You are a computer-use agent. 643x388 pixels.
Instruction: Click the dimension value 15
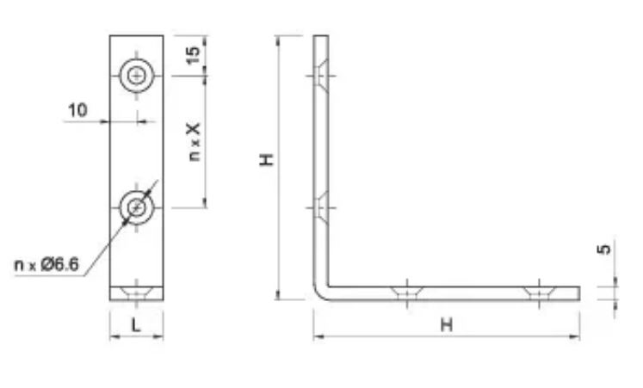point(193,54)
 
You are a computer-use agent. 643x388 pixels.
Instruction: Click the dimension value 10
point(77,110)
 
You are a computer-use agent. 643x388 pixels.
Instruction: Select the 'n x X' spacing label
point(194,142)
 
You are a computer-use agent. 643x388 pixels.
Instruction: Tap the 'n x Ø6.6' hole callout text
point(46,265)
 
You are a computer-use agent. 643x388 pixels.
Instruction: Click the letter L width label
point(136,325)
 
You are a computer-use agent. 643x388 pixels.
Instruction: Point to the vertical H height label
point(267,159)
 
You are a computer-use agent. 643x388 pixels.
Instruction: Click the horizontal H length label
point(447,325)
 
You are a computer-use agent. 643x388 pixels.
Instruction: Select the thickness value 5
point(604,249)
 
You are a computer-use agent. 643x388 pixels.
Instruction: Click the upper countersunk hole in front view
point(137,76)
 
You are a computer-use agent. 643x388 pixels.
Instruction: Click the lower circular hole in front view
point(137,207)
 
